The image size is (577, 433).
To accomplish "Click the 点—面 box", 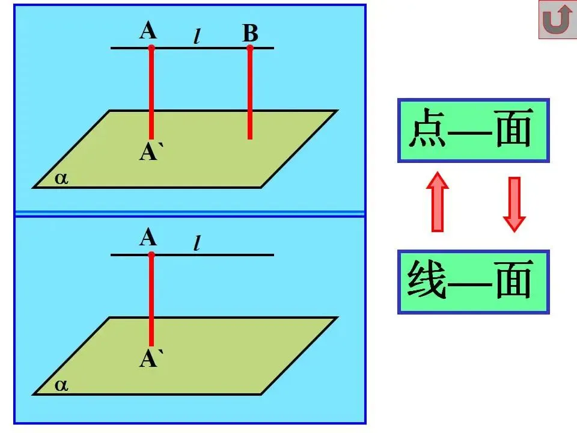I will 473,131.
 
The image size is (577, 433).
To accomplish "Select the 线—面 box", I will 473,282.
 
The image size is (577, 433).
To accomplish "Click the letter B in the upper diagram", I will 250,34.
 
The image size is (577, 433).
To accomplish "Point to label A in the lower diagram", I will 148,238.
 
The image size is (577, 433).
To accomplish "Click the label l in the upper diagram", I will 197,36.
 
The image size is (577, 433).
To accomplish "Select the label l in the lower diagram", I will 197,244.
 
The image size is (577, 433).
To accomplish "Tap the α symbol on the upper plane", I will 61,178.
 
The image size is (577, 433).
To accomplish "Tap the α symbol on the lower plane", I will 61,385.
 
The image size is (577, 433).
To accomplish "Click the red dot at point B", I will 250,48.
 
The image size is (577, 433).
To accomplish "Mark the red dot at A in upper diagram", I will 151,48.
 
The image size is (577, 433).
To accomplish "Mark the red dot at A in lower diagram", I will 151,255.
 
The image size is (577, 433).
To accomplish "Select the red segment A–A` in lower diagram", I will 151,301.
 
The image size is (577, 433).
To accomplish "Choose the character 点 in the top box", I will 427,131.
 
